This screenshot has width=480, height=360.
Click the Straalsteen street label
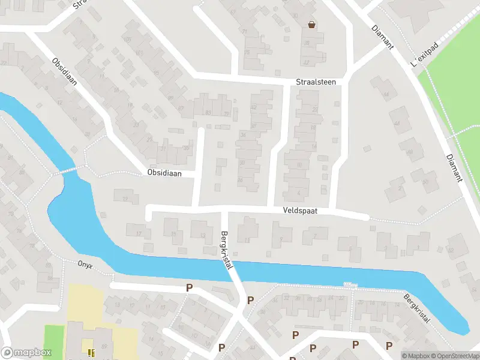[x=316, y=82]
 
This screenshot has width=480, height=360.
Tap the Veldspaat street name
[x=300, y=211]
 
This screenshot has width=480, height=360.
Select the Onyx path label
[x=85, y=263]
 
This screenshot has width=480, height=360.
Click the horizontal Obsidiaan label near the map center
[x=163, y=173]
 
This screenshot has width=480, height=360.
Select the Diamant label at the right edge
[x=455, y=167]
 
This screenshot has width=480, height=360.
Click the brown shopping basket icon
[x=311, y=25]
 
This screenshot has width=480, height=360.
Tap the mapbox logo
[x=26, y=353]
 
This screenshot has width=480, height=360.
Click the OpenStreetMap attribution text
[x=454, y=356]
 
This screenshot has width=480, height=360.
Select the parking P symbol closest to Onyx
[x=189, y=288]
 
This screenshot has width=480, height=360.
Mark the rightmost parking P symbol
[x=389, y=344]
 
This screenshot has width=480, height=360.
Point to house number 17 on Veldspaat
[x=139, y=234]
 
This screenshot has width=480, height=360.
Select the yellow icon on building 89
[x=91, y=352]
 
